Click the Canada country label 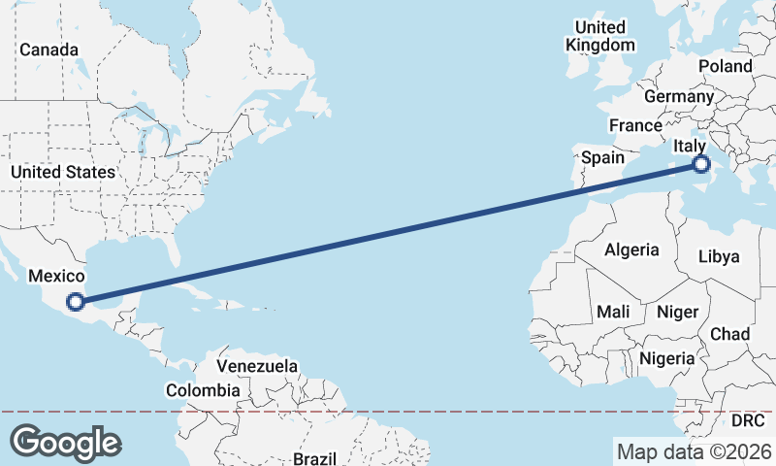pos(48,50)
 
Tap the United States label pos(63,172)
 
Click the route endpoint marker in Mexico pos(76,302)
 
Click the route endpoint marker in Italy pos(701,165)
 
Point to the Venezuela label pos(256,367)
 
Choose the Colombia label pos(202,390)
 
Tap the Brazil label pos(314,458)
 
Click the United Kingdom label pos(600,36)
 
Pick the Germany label pos(678,97)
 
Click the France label pos(635,125)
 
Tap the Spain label pos(602,157)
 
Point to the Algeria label pos(631,250)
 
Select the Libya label pos(719,257)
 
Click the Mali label pos(613,312)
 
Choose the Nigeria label pos(666,357)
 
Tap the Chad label pos(729,333)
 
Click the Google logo pos(65,443)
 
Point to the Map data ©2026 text pos(695,451)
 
